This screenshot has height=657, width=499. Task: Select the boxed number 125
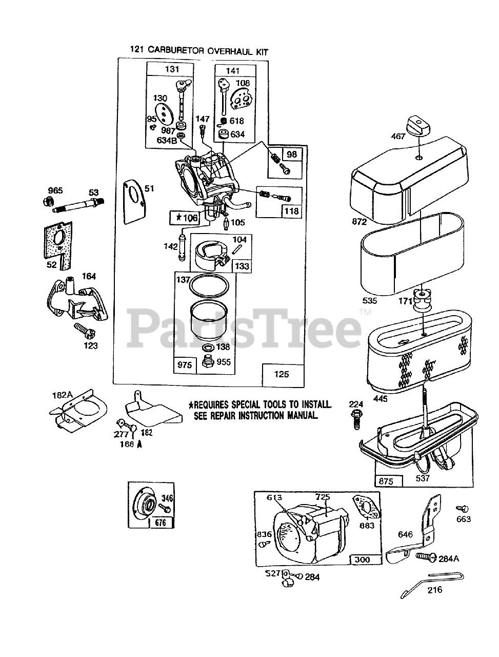pyautogui.click(x=282, y=374)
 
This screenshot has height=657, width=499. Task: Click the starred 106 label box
pyautogui.click(x=186, y=218)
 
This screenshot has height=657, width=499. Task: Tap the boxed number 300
pyautogui.click(x=364, y=559)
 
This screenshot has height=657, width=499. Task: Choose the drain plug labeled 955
pyautogui.click(x=208, y=364)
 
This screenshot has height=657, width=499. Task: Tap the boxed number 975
pyautogui.click(x=185, y=364)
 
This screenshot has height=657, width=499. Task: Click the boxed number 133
pyautogui.click(x=242, y=266)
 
